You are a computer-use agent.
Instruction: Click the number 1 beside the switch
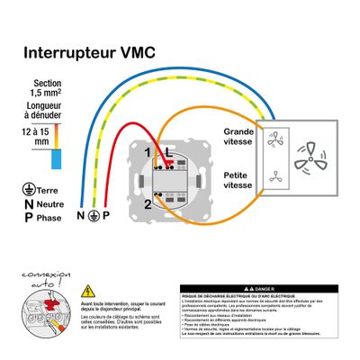coord(149,153)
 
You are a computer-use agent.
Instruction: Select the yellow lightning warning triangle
coord(88,291)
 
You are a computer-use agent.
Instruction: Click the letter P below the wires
coord(105,217)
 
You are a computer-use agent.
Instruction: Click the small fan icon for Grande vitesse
coord(277,139)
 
